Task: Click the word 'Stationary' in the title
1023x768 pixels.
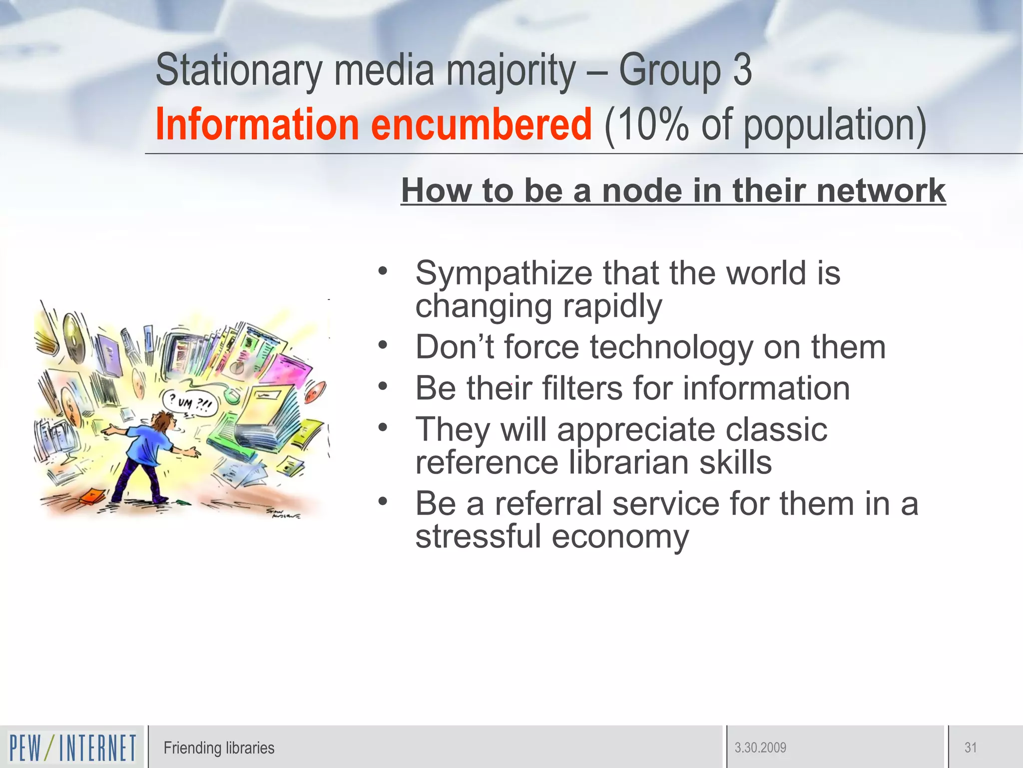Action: point(239,70)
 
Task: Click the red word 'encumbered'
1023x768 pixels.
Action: point(482,124)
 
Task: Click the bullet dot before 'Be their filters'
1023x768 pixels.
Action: point(383,385)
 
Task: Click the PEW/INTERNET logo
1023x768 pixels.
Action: point(72,747)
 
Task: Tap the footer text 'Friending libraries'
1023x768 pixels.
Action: point(219,748)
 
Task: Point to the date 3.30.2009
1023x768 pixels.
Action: point(760,748)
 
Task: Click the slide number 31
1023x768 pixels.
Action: point(971,748)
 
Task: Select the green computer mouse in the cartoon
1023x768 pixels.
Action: point(231,395)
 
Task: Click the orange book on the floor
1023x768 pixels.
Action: point(93,496)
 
